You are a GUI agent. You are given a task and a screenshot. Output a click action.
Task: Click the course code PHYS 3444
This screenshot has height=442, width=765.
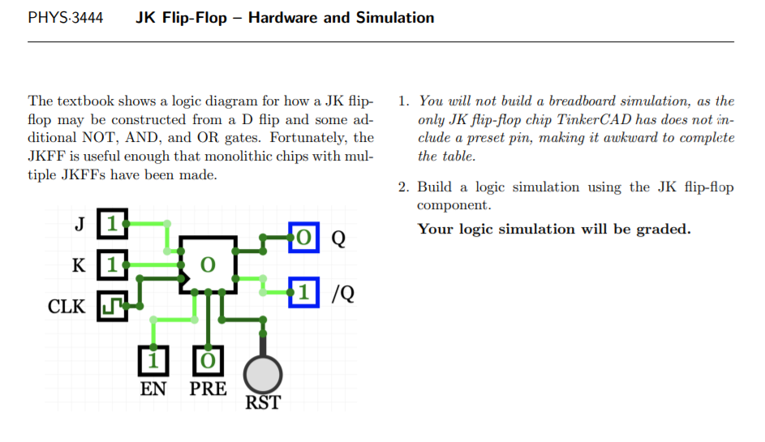[65, 18]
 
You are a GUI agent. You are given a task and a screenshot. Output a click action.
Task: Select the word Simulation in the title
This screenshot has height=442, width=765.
[393, 18]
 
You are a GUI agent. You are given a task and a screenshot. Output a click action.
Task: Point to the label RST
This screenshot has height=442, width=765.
[263, 402]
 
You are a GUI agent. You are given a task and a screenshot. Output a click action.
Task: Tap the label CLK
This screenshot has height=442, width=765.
[67, 307]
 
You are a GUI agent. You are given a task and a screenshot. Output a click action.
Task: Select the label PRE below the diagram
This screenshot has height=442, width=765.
[208, 388]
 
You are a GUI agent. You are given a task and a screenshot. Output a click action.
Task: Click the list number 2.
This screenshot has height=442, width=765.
[402, 187]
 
